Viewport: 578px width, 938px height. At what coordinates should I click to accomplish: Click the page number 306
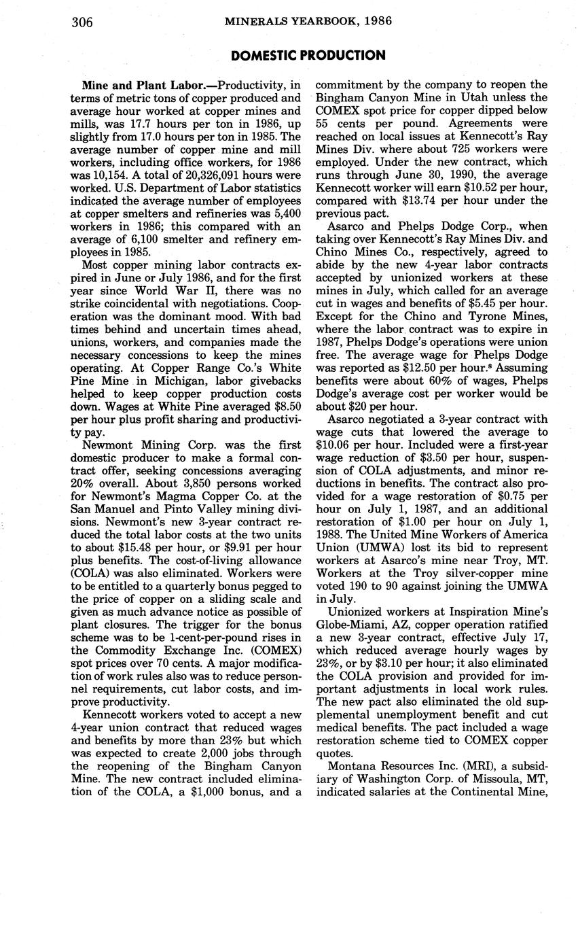82,22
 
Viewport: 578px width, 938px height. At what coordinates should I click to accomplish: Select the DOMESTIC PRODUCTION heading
308,56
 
